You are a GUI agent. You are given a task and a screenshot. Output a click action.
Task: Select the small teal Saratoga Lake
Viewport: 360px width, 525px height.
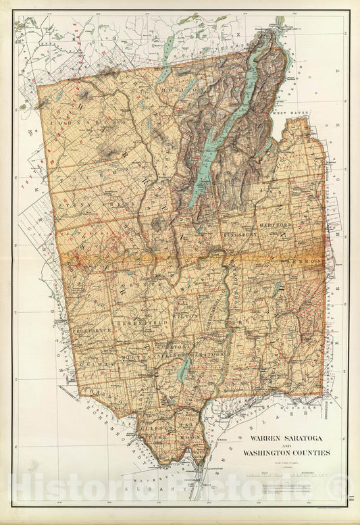point(186,369)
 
